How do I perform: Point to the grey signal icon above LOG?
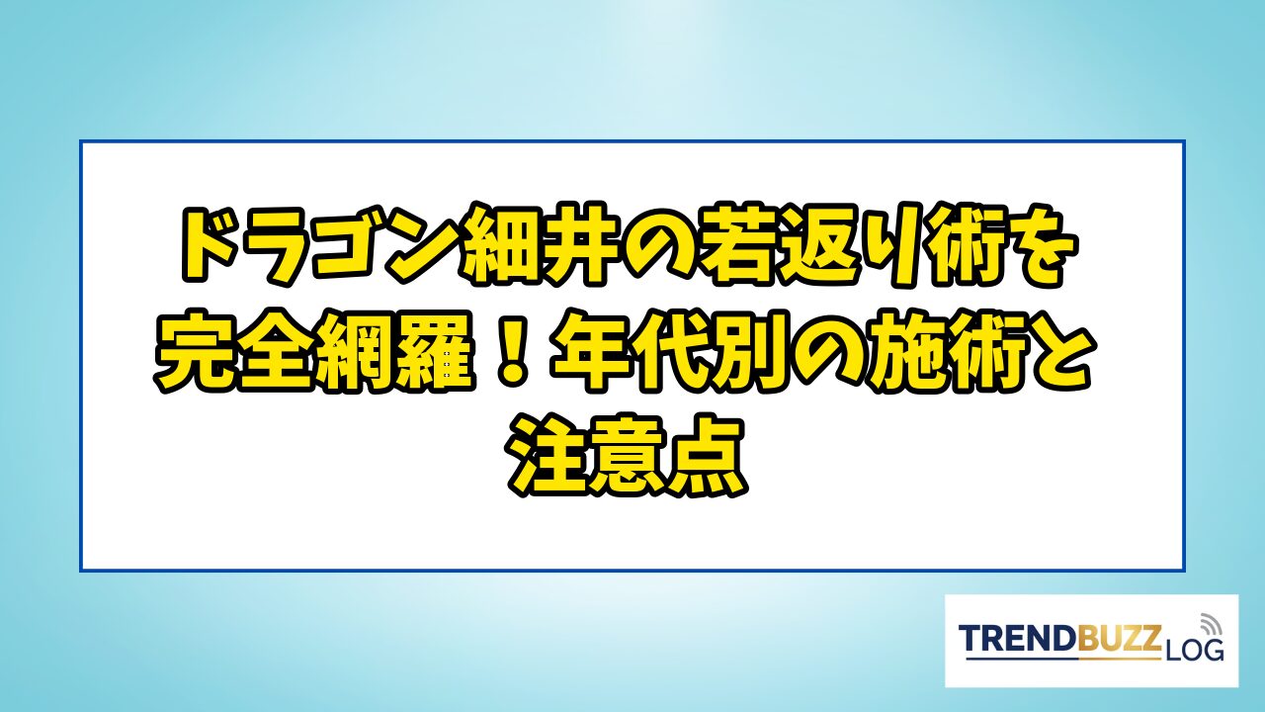point(1210,623)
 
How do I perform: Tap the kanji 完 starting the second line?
point(196,351)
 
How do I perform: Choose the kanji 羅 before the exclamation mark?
point(435,351)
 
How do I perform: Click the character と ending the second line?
point(1053,351)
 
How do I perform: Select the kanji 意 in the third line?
point(628,456)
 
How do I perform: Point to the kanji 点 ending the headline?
point(707,456)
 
